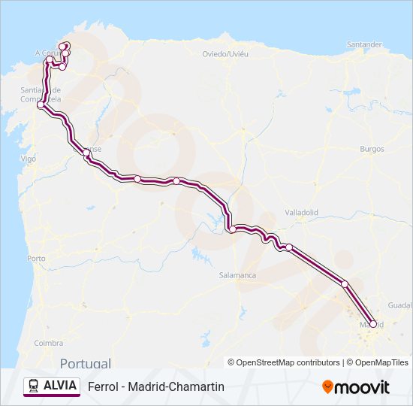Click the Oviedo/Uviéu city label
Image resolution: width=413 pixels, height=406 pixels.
225,53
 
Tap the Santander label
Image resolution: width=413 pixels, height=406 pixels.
364,44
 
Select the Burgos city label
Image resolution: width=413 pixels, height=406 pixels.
372,149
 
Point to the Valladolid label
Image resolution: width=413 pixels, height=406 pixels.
302,213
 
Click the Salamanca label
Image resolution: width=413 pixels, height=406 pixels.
237,275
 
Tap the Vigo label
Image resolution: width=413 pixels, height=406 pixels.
29,159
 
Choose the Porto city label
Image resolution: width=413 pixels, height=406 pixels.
36,258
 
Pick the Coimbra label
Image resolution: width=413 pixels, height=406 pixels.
48,343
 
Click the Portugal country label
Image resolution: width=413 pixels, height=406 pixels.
86,362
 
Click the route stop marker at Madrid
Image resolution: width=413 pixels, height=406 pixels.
373,324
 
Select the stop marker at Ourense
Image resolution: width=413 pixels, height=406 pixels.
87,153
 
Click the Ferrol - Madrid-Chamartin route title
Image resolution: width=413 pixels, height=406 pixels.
156,386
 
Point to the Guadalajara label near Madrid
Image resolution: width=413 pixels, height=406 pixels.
399,305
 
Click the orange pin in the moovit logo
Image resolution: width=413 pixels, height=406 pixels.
327,387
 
